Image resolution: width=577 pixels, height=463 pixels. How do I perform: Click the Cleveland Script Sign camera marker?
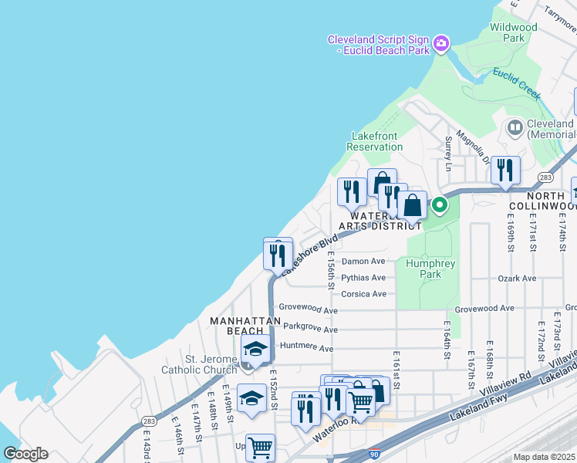click(x=441, y=42)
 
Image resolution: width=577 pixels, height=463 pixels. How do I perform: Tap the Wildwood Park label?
click(x=513, y=32)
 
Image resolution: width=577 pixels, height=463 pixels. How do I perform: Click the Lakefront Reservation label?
click(x=374, y=141)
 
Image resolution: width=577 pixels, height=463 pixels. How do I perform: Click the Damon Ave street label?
click(x=363, y=262)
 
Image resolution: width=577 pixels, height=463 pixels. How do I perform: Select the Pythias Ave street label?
click(x=363, y=278)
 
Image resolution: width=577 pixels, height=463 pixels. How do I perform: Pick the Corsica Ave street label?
click(x=363, y=294)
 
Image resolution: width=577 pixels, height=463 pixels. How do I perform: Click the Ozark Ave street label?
click(x=517, y=278)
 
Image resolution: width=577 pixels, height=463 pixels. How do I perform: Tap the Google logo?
click(x=25, y=454)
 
